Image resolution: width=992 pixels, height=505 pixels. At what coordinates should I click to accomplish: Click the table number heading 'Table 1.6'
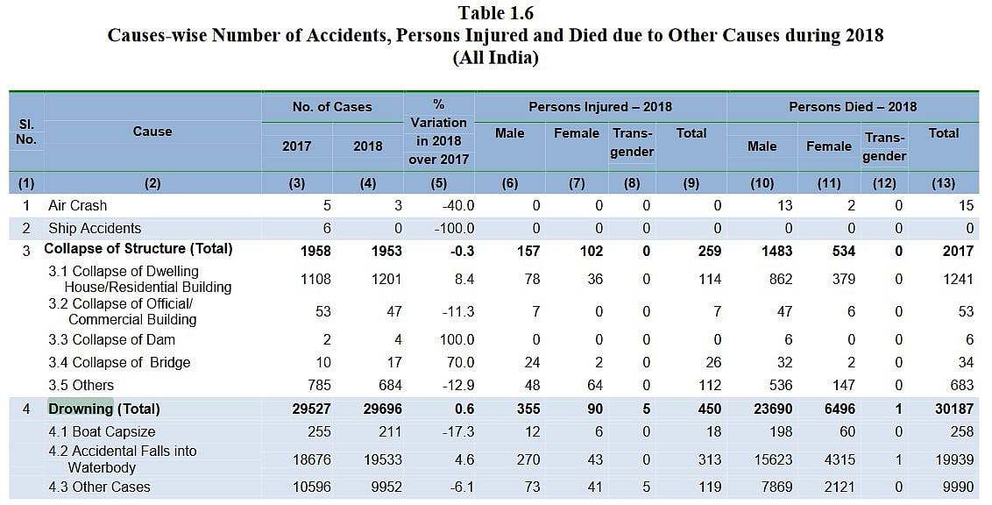click(495, 13)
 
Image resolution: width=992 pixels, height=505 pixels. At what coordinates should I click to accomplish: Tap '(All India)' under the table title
click(495, 58)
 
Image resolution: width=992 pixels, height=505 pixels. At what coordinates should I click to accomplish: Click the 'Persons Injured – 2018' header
click(600, 107)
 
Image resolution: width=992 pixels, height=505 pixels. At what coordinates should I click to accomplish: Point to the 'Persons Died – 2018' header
click(853, 107)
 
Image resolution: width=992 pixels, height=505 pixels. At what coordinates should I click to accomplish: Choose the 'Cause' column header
click(152, 132)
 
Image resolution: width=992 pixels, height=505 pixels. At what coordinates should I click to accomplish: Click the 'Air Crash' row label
click(77, 205)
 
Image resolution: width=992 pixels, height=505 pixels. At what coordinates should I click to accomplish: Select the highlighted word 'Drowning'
click(81, 409)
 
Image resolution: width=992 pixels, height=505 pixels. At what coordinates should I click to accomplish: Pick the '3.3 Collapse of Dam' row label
click(111, 339)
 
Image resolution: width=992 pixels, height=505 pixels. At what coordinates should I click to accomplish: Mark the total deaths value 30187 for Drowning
click(941, 409)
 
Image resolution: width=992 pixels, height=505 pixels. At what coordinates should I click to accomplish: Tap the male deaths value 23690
click(771, 409)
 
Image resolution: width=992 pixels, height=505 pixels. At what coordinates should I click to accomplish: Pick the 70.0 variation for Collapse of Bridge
click(458, 362)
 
